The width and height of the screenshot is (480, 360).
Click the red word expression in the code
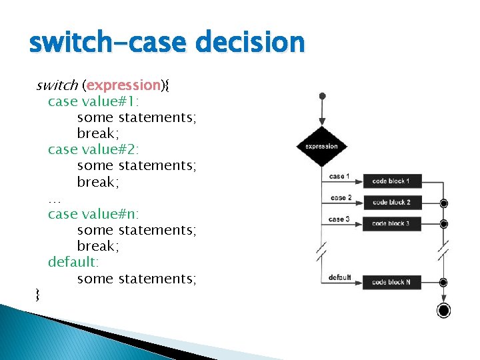pos(124,85)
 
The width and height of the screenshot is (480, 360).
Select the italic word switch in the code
pos(57,85)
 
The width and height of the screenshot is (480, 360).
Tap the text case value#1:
pos(93,101)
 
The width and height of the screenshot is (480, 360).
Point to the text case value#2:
pos(93,149)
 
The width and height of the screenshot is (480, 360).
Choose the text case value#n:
pos(93,214)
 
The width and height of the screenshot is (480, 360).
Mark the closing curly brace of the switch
pos(38,294)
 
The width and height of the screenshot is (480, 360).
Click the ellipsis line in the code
pos(55,198)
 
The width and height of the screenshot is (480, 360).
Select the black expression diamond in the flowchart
pos(321,147)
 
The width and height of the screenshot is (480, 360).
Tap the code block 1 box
pos(391,181)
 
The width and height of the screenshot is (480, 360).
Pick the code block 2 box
pos(391,202)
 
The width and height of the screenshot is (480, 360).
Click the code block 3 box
pos(391,223)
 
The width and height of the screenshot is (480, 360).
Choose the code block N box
pos(391,282)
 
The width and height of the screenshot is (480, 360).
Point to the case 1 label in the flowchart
pos(338,176)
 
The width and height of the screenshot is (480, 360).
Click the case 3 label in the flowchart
pos(338,219)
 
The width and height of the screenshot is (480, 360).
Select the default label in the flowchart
pos(340,277)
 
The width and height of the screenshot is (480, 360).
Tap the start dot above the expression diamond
pos(321,96)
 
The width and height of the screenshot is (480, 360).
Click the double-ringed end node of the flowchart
pos(443,311)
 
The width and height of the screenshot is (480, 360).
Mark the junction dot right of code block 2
pos(444,203)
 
